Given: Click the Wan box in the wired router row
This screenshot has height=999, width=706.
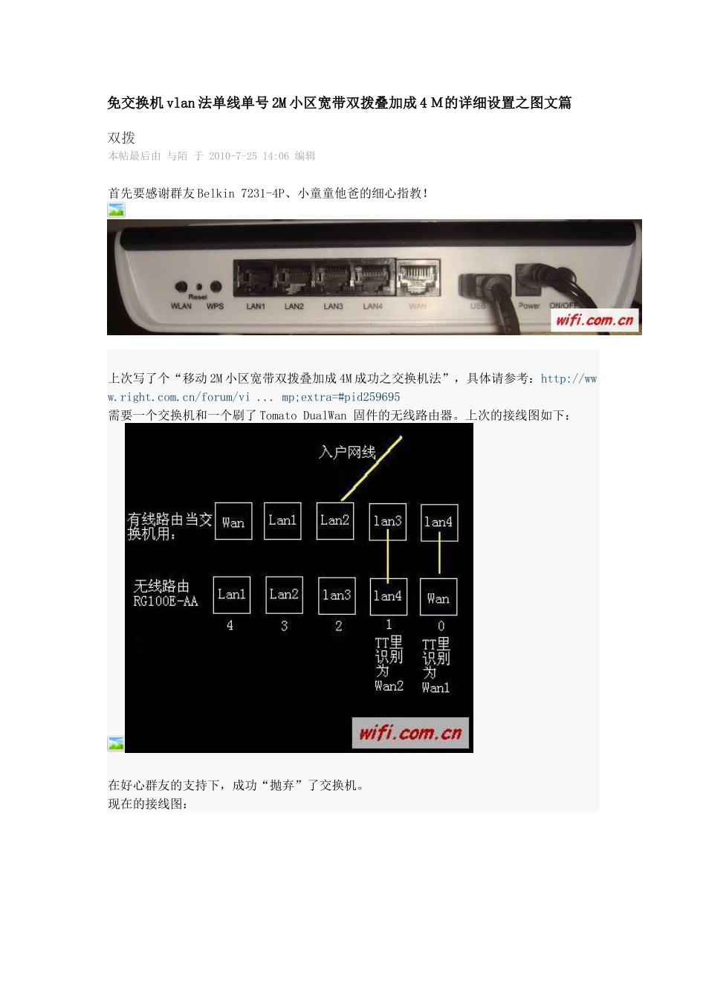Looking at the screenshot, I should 233,522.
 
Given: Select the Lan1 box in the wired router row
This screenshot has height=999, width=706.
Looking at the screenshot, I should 282,520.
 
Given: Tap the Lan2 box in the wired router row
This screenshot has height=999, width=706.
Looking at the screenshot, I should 335,520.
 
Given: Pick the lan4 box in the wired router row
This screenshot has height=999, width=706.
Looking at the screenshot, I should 439,523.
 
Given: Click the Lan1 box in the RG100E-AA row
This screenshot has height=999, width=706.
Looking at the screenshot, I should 232,595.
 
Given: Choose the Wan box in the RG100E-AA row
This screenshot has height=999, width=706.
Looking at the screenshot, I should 438,598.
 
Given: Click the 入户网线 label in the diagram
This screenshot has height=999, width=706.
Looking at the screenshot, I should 347,452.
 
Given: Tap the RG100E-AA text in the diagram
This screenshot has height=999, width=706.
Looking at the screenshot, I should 166,601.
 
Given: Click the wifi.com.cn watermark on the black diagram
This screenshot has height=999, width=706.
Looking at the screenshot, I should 410,733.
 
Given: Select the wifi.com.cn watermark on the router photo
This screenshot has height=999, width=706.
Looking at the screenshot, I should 595,320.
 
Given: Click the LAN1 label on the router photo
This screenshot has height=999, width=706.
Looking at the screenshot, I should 256,306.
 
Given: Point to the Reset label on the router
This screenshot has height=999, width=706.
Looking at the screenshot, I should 198,297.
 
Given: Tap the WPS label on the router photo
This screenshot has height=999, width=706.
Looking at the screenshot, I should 216,306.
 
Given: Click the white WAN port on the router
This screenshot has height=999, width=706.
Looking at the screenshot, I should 418,279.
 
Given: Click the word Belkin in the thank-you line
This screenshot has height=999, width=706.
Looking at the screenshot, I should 216,193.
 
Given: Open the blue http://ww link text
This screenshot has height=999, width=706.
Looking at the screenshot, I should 569,379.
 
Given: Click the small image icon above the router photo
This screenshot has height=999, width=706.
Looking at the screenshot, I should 116,210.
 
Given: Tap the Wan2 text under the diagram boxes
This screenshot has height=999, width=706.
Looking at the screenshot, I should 389,686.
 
